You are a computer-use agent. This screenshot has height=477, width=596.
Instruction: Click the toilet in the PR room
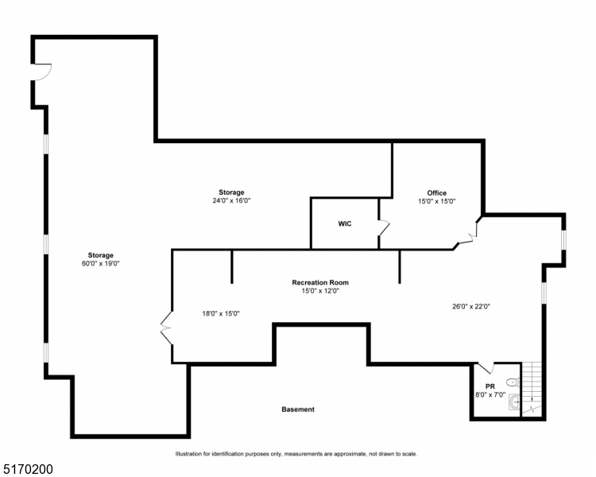(x=510, y=382)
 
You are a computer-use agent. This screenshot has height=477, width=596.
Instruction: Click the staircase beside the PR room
(x=532, y=387)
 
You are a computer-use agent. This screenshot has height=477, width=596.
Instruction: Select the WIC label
(x=344, y=223)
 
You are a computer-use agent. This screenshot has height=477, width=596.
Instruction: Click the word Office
(x=436, y=192)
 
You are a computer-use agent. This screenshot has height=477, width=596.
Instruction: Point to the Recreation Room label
(x=320, y=282)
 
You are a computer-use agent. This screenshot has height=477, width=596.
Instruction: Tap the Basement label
(x=298, y=409)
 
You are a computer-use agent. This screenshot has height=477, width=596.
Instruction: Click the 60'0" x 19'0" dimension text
(x=101, y=263)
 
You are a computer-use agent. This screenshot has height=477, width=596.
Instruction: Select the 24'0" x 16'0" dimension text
(x=231, y=200)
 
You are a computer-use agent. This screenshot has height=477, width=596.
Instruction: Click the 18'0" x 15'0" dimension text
(x=221, y=313)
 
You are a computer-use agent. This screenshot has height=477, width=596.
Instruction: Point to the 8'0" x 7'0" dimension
(x=490, y=394)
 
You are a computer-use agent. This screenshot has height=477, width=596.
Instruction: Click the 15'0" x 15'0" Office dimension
(x=436, y=201)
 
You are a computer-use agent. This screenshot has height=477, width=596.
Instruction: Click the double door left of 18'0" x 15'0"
(x=166, y=326)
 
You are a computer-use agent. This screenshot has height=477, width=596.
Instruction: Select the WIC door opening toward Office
(x=384, y=228)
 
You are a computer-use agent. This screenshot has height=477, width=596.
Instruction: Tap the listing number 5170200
(x=28, y=470)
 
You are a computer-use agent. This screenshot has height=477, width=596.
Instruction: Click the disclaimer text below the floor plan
(x=296, y=454)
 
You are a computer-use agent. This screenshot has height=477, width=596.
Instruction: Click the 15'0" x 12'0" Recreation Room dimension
(x=320, y=291)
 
